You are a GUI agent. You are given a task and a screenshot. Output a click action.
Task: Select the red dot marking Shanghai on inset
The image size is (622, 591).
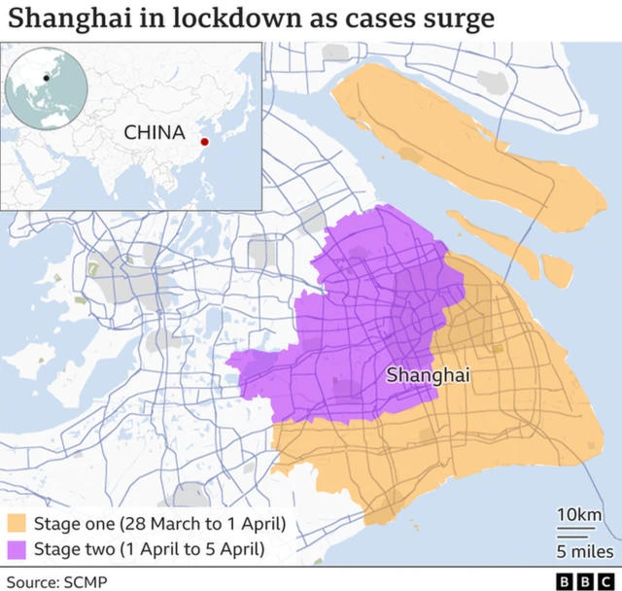pyautogui.click(x=204, y=142)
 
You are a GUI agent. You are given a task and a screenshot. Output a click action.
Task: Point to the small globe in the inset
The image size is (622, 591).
pyautogui.click(x=41, y=88)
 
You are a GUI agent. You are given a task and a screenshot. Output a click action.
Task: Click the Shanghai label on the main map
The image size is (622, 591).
pyautogui.click(x=428, y=373)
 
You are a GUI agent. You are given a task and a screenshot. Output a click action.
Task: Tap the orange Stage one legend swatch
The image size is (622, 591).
pyautogui.click(x=17, y=524)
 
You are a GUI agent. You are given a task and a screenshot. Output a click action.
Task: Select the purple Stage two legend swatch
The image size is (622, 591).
pyautogui.click(x=17, y=549)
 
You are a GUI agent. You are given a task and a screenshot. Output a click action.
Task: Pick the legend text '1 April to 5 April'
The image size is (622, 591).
pyautogui.click(x=193, y=549)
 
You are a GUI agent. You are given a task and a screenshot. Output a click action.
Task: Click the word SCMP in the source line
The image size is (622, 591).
pyautogui.click(x=86, y=581)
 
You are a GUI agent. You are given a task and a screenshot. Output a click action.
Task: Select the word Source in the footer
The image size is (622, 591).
pyautogui.click(x=33, y=581)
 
